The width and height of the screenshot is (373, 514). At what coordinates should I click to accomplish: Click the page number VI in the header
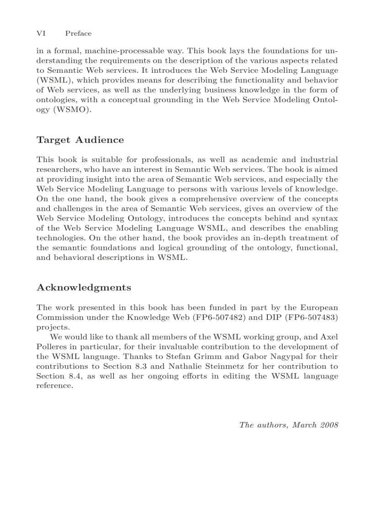tap(40, 33)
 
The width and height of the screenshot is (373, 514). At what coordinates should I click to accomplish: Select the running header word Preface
tap(78, 33)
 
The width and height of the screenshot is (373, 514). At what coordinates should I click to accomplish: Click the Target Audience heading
tap(80, 140)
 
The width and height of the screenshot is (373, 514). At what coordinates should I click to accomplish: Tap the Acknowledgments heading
tap(84, 287)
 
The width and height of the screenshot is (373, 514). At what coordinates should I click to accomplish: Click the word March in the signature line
tap(304, 424)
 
